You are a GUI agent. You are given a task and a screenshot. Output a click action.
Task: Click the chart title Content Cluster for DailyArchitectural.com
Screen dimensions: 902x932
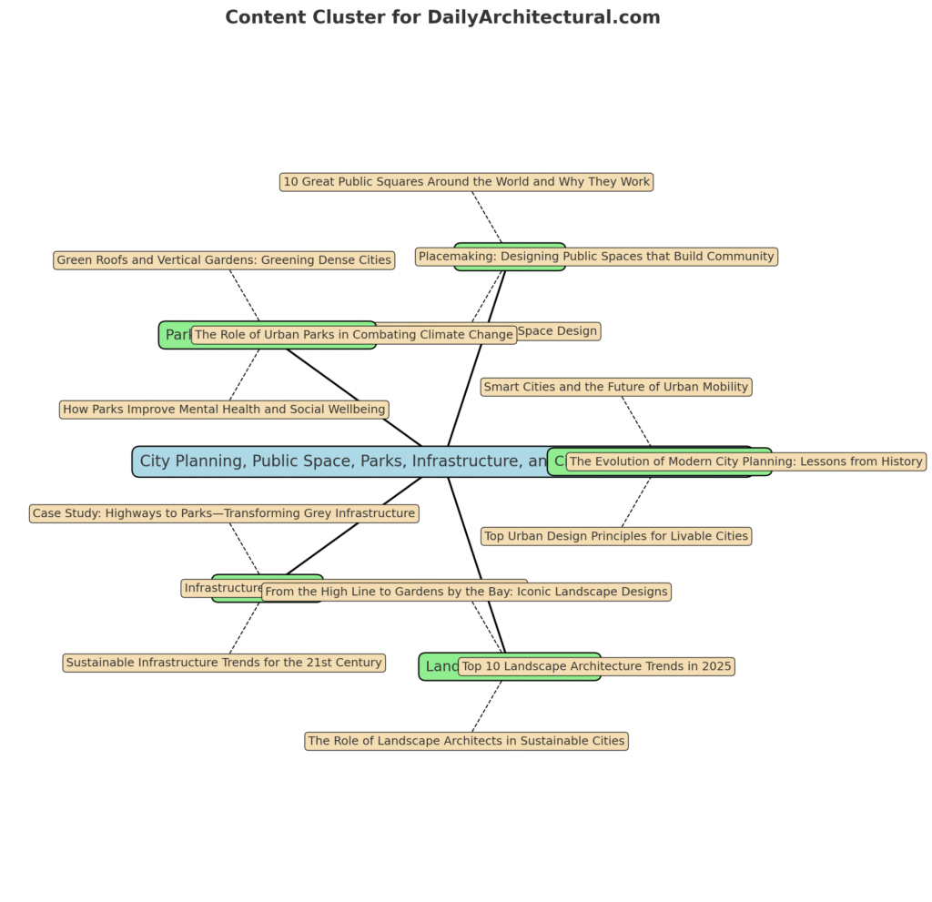tap(442, 17)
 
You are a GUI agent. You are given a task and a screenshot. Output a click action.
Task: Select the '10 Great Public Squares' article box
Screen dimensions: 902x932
tap(466, 182)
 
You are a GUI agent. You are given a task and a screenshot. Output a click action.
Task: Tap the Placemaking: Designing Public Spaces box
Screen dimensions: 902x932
tap(596, 257)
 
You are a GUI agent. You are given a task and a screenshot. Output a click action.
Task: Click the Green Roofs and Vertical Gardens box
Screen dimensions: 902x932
tap(224, 260)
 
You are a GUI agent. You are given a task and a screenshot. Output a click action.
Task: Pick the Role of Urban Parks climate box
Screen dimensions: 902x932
tap(354, 335)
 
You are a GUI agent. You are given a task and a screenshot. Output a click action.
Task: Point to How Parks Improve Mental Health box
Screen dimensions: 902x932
tap(224, 410)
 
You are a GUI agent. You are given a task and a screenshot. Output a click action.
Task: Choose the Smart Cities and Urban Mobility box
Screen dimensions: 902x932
tap(616, 387)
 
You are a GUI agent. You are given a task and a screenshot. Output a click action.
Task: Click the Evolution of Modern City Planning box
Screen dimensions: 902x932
tap(745, 461)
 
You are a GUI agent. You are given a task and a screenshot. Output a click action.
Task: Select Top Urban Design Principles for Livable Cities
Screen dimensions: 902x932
tap(616, 536)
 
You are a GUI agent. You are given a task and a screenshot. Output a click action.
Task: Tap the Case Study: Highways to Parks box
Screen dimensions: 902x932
tap(224, 513)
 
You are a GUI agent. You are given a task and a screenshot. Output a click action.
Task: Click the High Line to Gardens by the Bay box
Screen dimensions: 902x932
tap(466, 592)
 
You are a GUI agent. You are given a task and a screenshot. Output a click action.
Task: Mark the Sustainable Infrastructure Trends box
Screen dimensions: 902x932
tap(224, 663)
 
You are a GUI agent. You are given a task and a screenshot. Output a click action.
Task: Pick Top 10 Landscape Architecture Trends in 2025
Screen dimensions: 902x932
tap(596, 666)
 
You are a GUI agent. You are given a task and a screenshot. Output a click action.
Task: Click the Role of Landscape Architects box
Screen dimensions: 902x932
tap(466, 741)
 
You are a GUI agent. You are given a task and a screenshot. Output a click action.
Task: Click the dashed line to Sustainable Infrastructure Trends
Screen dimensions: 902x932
tap(245, 629)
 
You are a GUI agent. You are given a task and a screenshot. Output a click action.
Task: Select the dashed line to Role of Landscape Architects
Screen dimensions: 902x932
tap(486, 707)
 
